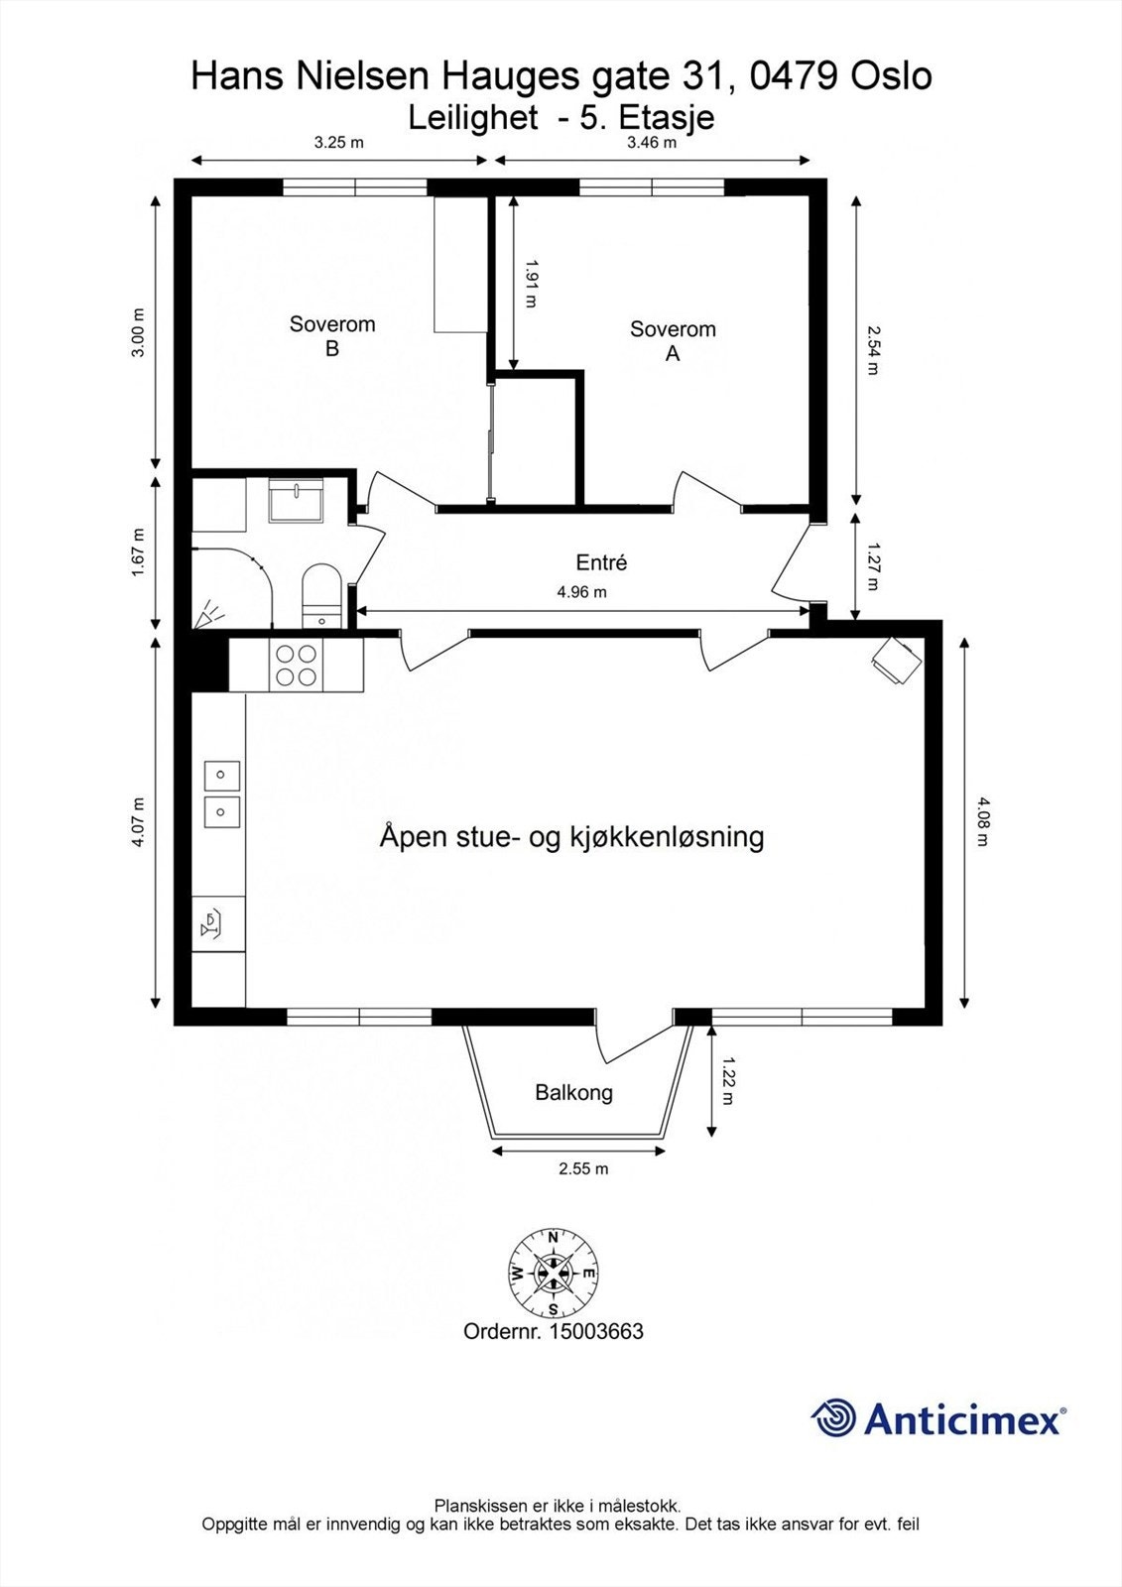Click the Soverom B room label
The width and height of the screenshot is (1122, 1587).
tap(332, 335)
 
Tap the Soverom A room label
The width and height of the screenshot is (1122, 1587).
tap(672, 340)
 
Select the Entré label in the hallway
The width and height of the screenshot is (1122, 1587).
tap(601, 562)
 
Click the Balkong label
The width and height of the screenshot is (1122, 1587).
tap(573, 1093)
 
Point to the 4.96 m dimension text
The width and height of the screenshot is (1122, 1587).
tap(581, 592)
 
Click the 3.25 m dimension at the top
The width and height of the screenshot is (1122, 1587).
tap(338, 142)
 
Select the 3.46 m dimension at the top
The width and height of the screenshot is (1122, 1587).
tap(652, 142)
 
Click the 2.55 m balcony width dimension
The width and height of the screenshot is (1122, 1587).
tap(583, 1168)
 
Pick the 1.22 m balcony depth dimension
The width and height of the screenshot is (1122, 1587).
tap(728, 1082)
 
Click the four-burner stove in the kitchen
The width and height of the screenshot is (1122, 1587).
tap(297, 665)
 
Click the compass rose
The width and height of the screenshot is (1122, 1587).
tap(554, 1273)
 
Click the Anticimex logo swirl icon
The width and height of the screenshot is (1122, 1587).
tap(833, 1419)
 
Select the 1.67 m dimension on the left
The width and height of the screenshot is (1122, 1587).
tap(138, 552)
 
